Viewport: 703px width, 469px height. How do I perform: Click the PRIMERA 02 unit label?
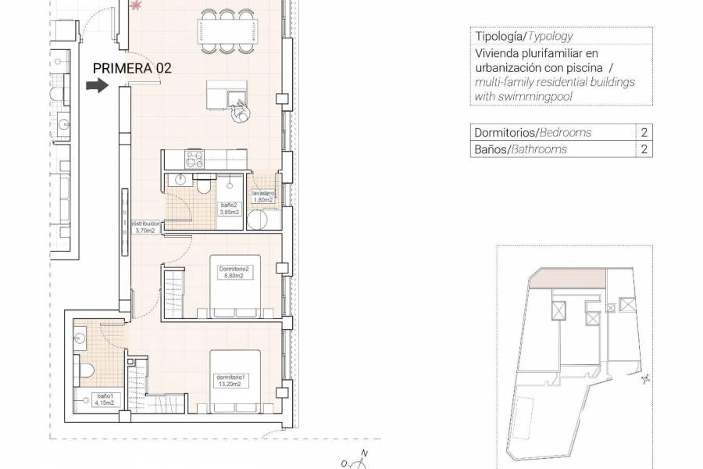[132, 68]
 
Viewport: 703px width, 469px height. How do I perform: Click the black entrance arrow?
[96, 87]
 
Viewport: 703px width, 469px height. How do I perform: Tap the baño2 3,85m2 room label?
[230, 207]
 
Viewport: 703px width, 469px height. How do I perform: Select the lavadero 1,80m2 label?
[262, 196]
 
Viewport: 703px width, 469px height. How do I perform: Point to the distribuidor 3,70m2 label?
[145, 226]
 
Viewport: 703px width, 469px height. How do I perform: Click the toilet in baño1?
[87, 369]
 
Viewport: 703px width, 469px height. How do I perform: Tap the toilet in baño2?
[204, 186]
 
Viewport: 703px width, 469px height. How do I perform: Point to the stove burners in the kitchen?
[193, 159]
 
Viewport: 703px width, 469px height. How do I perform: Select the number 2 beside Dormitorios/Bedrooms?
[644, 133]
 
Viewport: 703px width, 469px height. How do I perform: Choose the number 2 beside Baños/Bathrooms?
[644, 149]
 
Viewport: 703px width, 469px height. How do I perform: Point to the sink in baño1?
[83, 338]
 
